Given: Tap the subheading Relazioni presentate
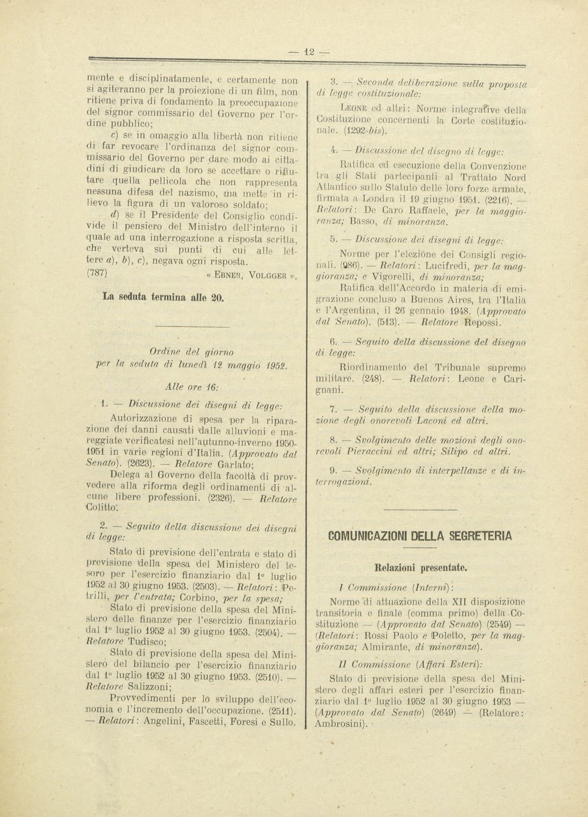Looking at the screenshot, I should [420, 568].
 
